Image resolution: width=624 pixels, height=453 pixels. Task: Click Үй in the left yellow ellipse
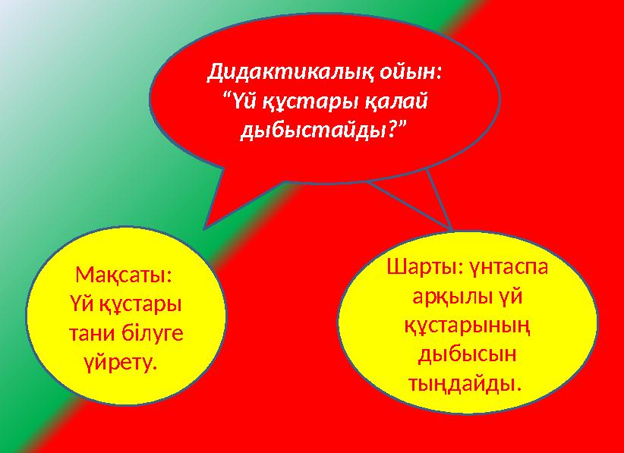75,303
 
